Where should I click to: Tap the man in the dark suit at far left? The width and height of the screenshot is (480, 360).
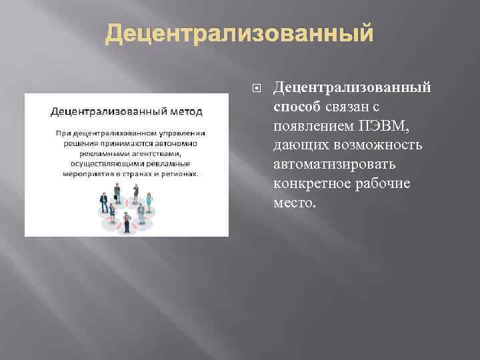tap(103, 200)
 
